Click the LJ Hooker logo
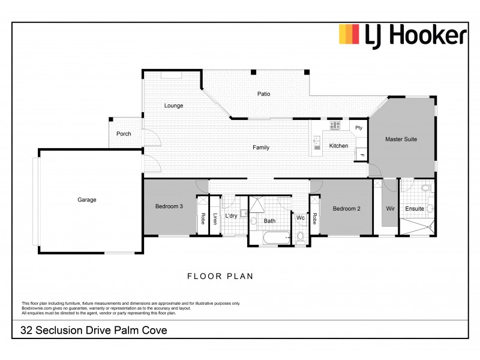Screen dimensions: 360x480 403,35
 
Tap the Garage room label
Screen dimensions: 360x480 86,200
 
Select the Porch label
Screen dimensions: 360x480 124,134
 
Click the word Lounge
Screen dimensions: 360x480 174,106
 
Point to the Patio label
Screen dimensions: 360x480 264,94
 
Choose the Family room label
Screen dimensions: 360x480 261,148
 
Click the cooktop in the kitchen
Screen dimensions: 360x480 335,125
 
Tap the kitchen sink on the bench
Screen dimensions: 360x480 316,143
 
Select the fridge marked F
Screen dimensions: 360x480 362,155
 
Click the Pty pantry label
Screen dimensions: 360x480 359,127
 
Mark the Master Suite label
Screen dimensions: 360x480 401,139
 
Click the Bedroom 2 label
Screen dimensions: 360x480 346,208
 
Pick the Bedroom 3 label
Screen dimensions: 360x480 169,206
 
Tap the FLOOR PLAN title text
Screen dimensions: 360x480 220,277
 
